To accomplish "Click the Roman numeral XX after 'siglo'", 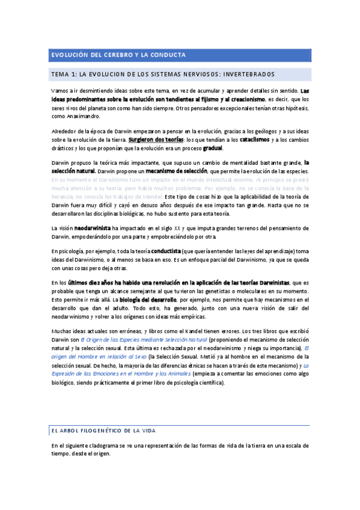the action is pyautogui.click(x=177, y=228).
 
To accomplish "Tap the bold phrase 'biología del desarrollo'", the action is pyautogui.click(x=151, y=300).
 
